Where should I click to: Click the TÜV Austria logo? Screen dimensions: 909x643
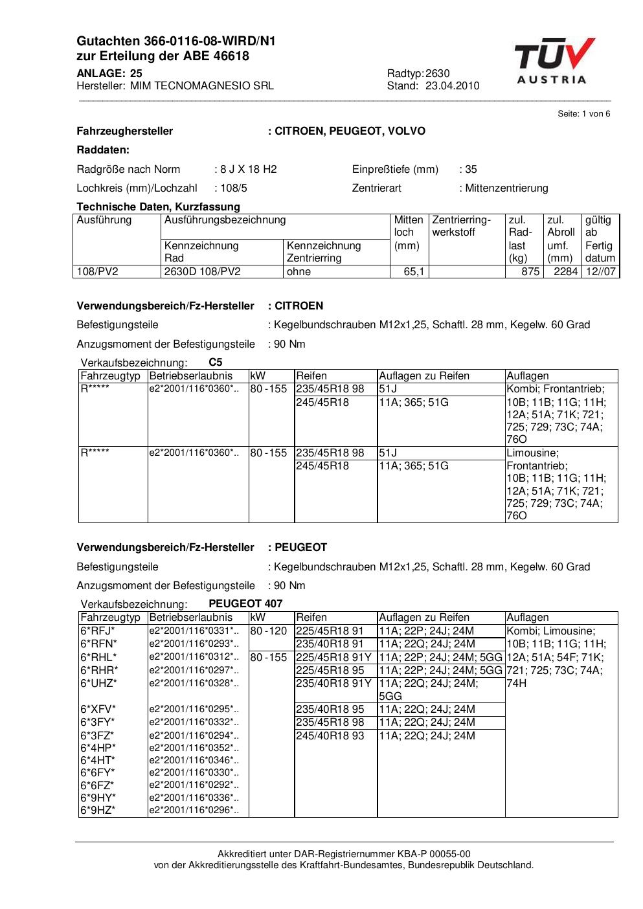pos(554,61)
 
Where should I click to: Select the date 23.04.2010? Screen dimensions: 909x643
pos(452,85)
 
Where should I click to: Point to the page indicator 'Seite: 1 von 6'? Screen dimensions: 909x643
pos(583,114)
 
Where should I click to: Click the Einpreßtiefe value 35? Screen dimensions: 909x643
pos(471,170)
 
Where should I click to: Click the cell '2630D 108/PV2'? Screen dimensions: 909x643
pos(202,272)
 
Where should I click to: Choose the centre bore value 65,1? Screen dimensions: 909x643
pos(414,272)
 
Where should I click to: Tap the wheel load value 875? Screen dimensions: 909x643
pos(530,272)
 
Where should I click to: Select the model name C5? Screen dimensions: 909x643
pos(216,363)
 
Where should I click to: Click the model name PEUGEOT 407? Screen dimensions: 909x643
pos(245,604)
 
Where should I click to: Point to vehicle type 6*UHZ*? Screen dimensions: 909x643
pos(98,683)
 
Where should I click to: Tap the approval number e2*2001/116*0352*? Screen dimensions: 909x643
pos(194,748)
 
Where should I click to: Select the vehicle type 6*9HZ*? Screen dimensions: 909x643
pos(98,810)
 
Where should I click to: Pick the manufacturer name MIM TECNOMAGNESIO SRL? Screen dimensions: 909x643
pos(201,85)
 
